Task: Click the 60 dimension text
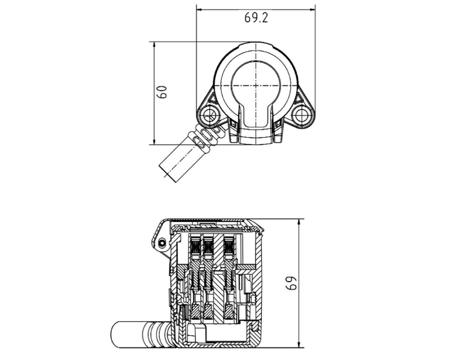pos(162,92)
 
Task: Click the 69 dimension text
pos(292,283)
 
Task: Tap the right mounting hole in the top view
pos(302,114)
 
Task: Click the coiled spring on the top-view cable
pos(207,138)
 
